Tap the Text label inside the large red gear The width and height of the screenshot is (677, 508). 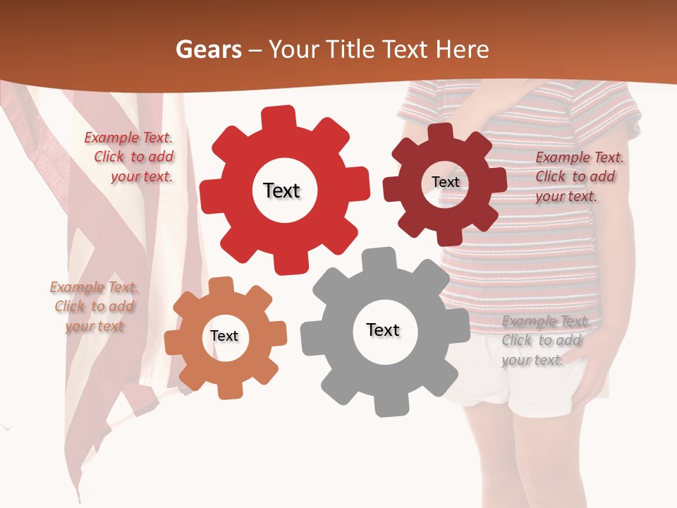point(281,190)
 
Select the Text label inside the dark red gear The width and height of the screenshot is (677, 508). point(445,182)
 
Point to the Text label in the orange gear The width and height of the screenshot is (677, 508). point(224,337)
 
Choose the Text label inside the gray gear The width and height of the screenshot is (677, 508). point(383,330)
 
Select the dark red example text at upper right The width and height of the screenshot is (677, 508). point(578,177)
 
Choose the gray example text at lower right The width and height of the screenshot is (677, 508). point(544,341)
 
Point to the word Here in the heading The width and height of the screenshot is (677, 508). point(463,49)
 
